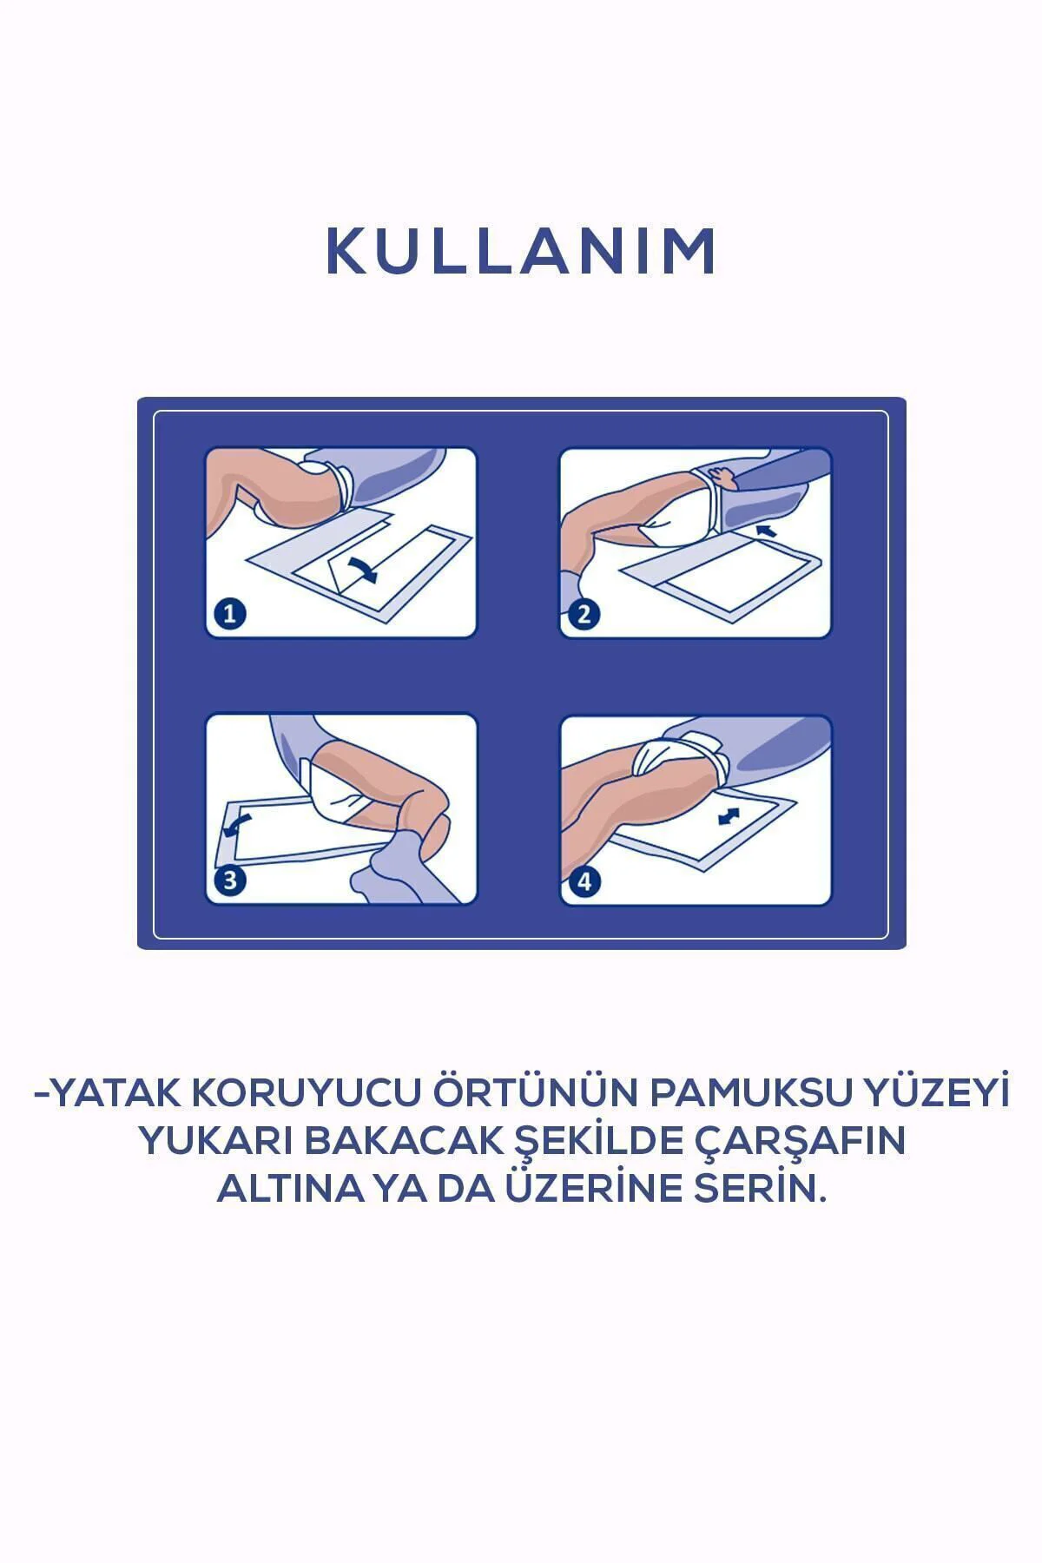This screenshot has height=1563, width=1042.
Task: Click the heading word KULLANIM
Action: click(521, 252)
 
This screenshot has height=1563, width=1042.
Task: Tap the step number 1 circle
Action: click(230, 615)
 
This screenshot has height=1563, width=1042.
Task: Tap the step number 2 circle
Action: click(584, 615)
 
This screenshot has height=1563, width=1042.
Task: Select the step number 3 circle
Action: click(230, 881)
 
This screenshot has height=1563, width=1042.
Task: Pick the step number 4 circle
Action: click(584, 882)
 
